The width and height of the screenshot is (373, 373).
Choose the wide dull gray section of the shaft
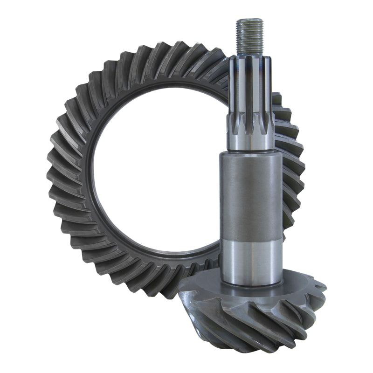click(x=252, y=196)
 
